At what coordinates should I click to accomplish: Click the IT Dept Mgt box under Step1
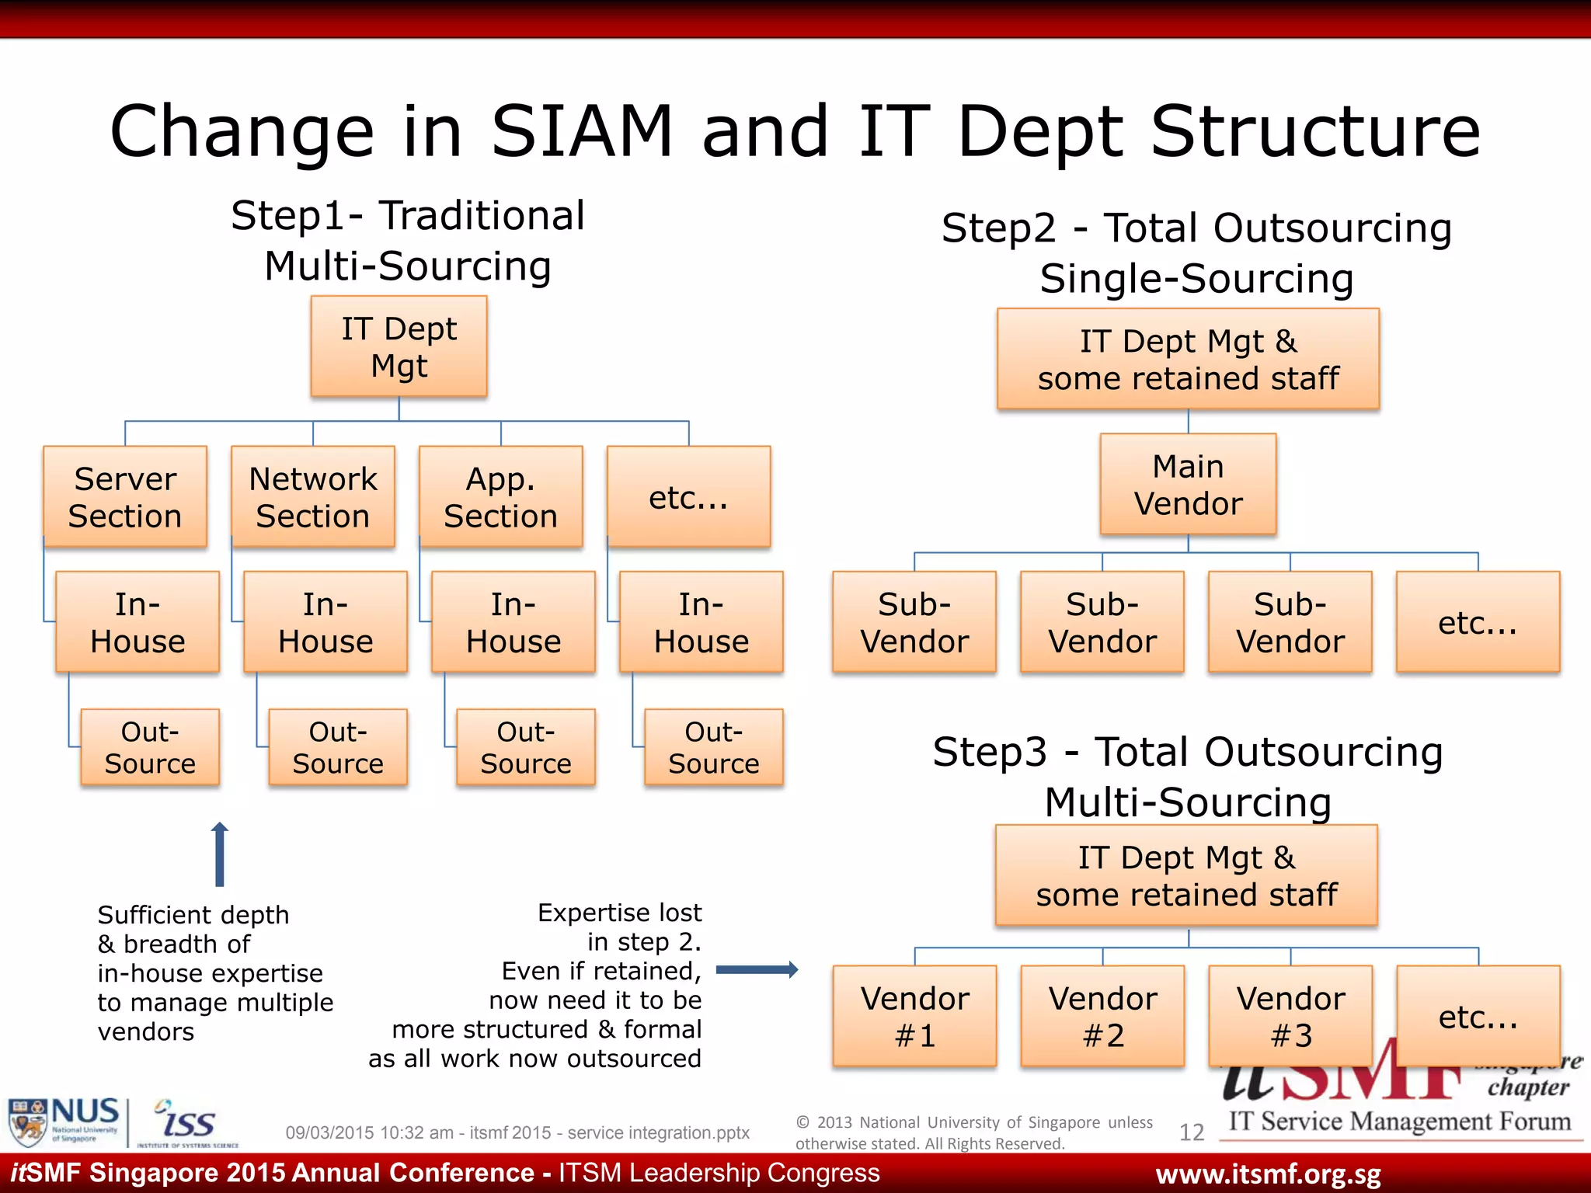(399, 346)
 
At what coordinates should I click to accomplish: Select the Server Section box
(125, 497)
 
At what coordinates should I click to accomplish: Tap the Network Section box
(313, 497)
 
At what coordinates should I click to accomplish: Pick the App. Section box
(501, 497)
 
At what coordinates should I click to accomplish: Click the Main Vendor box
(1188, 485)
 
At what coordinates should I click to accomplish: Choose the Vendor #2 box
(1102, 1016)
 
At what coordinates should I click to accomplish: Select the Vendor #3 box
(1290, 1016)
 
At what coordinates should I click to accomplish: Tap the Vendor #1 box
(914, 1016)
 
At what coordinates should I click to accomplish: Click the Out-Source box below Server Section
(150, 747)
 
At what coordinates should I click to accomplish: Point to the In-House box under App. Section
(514, 622)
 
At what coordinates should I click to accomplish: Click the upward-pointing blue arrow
(220, 854)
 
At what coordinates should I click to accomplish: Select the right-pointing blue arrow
(757, 969)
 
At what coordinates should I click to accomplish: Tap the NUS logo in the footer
(64, 1121)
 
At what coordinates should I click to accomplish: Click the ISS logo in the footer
(186, 1122)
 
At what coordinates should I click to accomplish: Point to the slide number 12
(1191, 1132)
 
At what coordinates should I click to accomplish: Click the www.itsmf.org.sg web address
(1268, 1174)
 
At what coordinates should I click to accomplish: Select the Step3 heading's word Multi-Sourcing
(1188, 802)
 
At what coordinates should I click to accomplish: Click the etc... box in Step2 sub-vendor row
(1478, 622)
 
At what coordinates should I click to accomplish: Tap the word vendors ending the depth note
(146, 1031)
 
